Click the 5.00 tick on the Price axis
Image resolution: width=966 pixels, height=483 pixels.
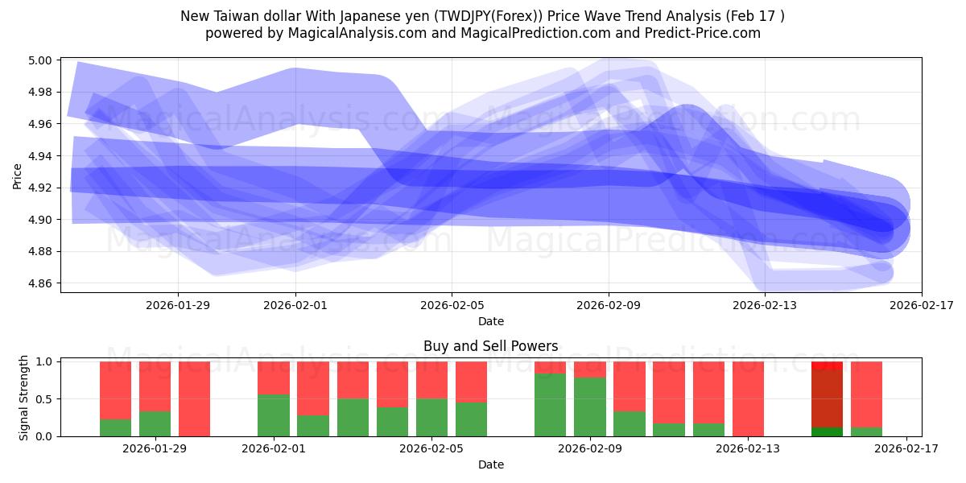coord(41,60)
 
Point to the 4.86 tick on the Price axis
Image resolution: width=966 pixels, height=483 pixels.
coord(41,283)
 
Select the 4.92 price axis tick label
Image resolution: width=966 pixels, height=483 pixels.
coord(41,188)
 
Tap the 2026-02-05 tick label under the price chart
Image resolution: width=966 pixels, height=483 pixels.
coord(452,305)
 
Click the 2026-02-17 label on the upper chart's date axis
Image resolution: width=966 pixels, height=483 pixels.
coord(921,305)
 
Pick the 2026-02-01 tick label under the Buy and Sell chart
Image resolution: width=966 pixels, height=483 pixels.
coord(275,448)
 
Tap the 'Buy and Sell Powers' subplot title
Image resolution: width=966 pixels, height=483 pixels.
coord(490,346)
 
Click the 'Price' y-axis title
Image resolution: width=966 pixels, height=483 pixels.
coord(18,175)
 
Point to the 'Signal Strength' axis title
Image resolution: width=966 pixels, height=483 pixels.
coord(24,398)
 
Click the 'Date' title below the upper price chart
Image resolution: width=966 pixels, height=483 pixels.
coord(490,321)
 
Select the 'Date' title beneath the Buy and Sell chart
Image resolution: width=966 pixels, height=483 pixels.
coord(490,464)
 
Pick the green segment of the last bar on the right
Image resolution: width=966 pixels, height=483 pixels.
coord(866,431)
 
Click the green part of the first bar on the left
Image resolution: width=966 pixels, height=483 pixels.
coord(116,427)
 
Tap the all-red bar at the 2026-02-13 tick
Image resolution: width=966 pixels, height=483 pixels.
coord(748,398)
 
